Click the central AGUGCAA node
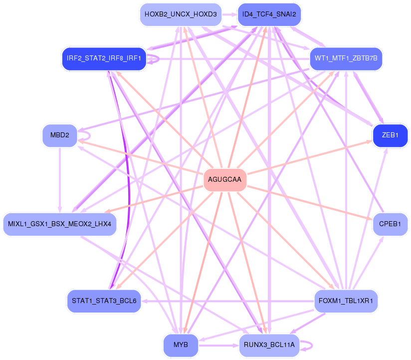225,180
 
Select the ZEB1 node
390,135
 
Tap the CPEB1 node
390,224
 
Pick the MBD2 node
60,135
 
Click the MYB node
181,345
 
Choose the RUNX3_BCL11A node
269,345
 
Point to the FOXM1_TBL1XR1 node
346,301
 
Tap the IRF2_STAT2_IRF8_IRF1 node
104,58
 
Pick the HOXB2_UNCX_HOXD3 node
181,14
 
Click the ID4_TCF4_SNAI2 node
269,14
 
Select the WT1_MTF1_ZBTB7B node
346,58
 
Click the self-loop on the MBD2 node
87,135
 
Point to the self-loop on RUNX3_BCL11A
309,345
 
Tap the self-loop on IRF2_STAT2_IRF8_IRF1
156,58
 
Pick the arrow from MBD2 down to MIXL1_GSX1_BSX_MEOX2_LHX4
60,180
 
